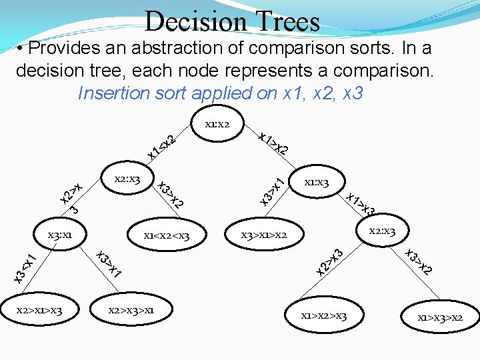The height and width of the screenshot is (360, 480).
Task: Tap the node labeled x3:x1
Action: [x=59, y=235]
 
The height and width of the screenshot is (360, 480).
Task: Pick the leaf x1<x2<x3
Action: [x=167, y=235]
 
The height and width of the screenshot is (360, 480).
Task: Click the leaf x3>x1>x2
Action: [x=264, y=235]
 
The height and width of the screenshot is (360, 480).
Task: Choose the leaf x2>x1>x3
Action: [x=41, y=309]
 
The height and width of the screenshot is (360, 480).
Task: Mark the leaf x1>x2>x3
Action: [x=324, y=315]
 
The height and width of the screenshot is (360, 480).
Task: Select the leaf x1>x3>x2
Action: [x=440, y=317]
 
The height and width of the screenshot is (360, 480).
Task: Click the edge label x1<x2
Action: [x=161, y=147]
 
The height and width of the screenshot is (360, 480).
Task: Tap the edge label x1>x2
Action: [x=273, y=142]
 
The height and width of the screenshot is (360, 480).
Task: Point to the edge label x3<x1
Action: [x=25, y=267]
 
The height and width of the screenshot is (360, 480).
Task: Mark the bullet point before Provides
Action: [x=22, y=49]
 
